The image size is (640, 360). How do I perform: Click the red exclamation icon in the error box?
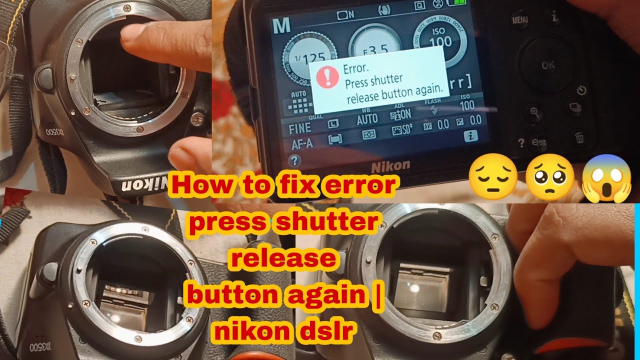[328, 77]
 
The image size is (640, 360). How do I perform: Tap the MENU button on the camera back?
[519, 20]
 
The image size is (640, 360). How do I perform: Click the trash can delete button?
[579, 137]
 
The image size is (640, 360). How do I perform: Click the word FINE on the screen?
[299, 128]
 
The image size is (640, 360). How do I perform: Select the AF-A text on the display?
[302, 144]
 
